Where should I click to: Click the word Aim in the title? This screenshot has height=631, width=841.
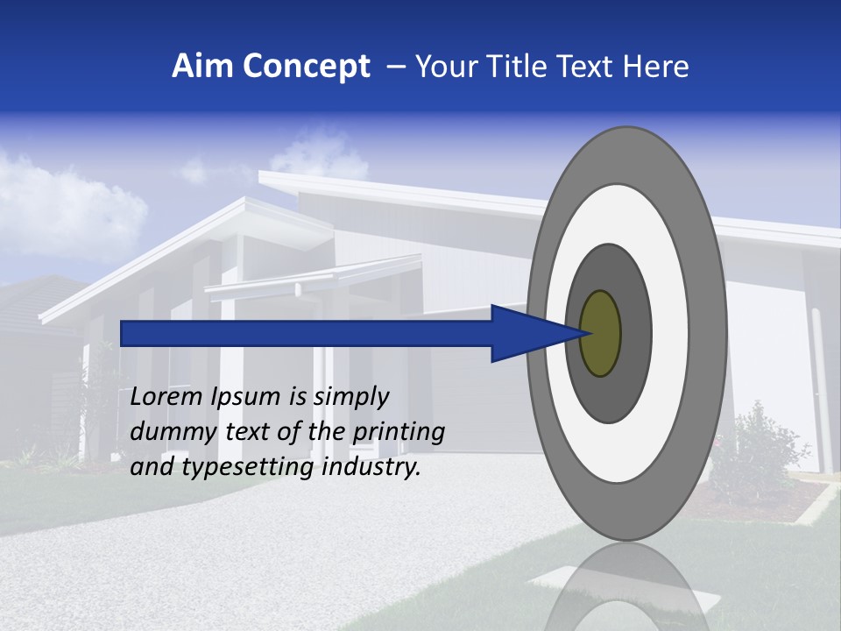(202, 67)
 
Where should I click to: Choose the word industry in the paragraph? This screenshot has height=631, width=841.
(371, 468)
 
